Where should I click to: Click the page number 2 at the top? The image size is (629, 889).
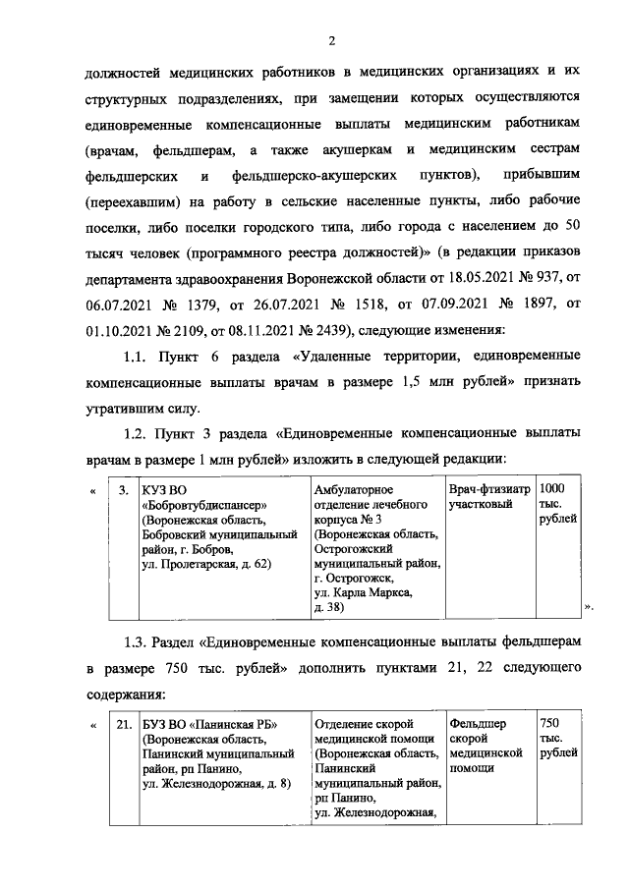point(332,40)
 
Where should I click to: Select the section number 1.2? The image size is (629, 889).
point(136,431)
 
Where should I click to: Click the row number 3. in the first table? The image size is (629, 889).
point(123,489)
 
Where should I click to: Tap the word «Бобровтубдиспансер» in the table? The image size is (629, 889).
point(205,505)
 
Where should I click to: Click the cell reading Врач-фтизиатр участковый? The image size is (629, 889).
point(488,496)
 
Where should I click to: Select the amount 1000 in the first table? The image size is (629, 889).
point(554,488)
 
